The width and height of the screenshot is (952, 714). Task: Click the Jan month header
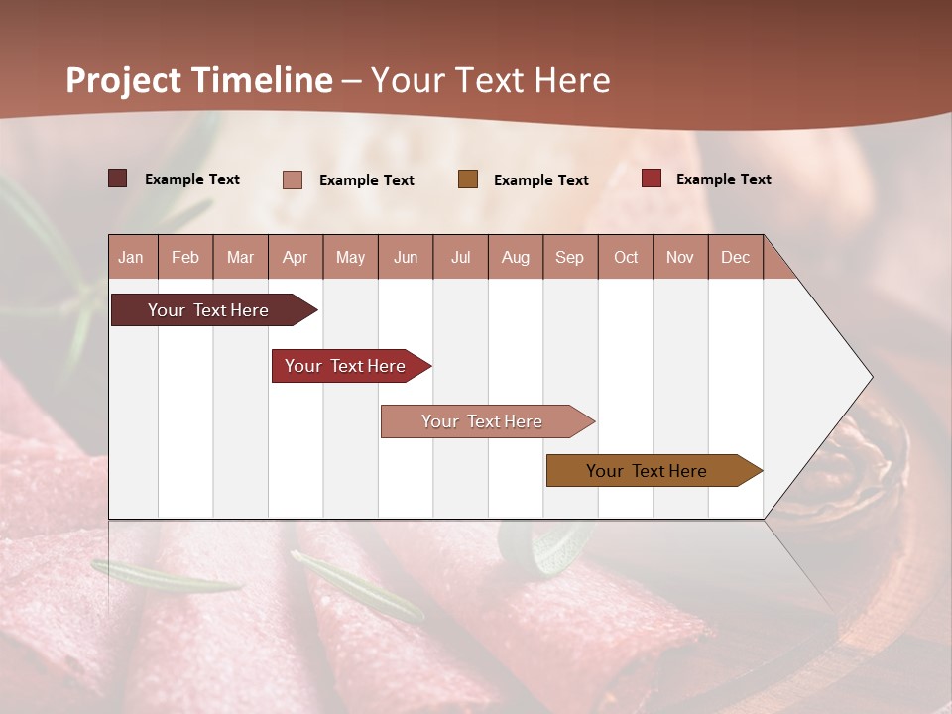point(132,257)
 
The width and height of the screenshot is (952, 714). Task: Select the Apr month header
point(296,257)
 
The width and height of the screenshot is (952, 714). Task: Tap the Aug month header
point(516,257)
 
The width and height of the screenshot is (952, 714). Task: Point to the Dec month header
point(736,257)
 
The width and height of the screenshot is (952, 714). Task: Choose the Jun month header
point(406,257)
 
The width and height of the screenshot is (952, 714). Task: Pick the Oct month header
point(626,257)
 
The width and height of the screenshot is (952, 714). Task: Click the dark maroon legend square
point(118,178)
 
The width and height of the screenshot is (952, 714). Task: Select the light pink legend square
point(293,179)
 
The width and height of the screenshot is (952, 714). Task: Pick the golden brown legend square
point(468,178)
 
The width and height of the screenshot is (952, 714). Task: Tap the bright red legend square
point(652,178)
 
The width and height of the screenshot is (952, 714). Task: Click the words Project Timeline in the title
point(198,80)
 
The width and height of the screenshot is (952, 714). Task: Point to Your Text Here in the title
point(491,80)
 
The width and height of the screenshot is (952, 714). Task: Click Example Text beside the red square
point(723,179)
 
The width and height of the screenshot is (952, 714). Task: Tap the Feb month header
point(185,257)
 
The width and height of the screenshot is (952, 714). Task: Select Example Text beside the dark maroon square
point(191,179)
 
